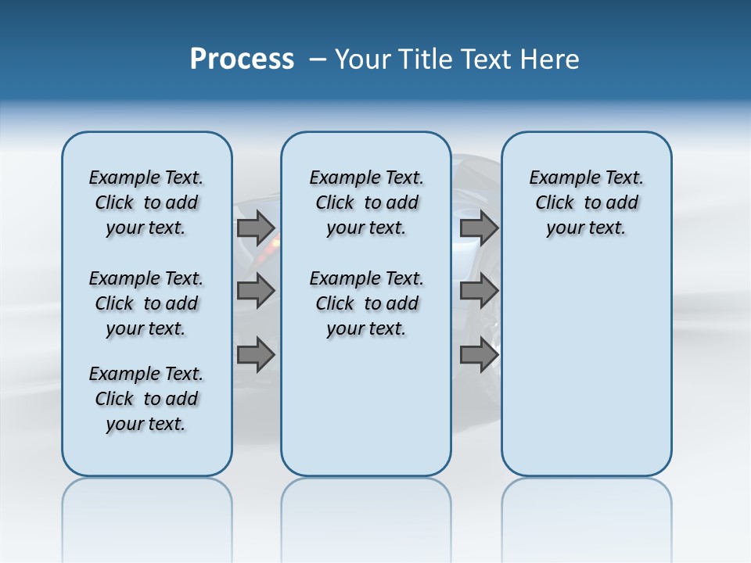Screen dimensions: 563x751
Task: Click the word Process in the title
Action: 242,59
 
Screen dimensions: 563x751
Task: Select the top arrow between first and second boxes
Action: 256,228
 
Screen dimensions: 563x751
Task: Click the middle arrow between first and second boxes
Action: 256,291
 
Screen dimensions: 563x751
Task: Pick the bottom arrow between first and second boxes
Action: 256,355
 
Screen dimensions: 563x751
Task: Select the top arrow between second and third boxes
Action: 479,228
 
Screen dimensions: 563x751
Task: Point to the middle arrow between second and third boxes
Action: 479,291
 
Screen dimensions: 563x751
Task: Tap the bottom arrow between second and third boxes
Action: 479,355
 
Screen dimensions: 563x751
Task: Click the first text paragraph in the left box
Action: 146,203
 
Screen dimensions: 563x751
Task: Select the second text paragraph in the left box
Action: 146,303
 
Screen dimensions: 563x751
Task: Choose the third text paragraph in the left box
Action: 146,399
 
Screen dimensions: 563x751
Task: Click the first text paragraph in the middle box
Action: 366,203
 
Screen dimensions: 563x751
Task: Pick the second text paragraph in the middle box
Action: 366,303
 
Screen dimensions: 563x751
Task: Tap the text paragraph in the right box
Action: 586,203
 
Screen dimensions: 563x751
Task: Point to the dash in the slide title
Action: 318,59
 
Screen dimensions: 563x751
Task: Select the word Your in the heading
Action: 364,59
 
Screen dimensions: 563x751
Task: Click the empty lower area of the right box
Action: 586,375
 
